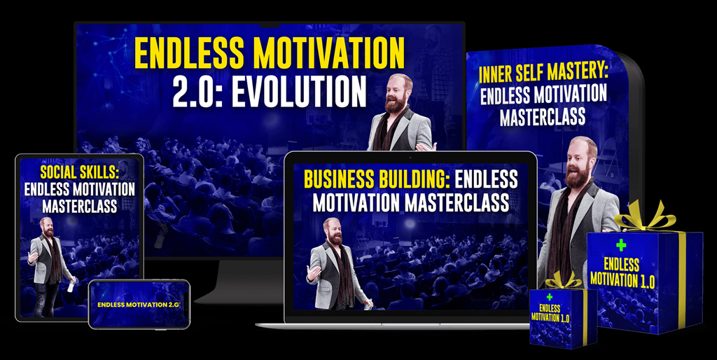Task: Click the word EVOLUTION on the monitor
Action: (x=300, y=92)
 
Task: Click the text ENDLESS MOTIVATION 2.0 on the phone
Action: (x=139, y=305)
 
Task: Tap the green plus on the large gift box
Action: (x=620, y=245)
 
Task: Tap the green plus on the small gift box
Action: (x=550, y=297)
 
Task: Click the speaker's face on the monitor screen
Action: (x=396, y=90)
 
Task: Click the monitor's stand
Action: (x=240, y=282)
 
